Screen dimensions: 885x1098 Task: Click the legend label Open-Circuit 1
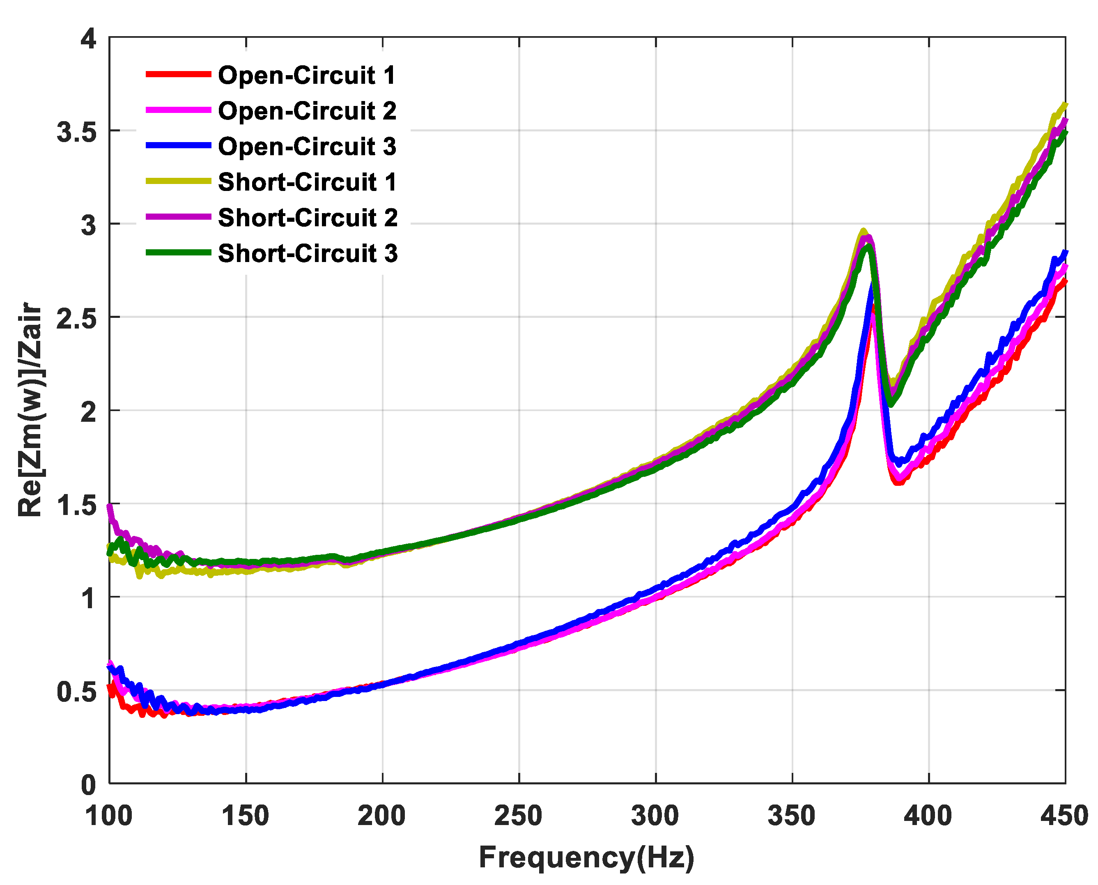[306, 76]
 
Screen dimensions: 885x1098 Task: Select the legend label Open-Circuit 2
[307, 111]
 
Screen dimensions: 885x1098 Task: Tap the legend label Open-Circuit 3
[307, 147]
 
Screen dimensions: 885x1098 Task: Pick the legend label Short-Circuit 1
[308, 182]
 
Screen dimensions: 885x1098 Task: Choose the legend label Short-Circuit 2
[308, 218]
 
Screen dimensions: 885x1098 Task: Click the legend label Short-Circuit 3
[308, 254]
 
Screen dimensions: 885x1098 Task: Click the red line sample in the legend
[178, 74]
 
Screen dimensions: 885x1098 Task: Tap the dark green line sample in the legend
[178, 252]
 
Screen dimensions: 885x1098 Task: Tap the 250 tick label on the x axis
[519, 816]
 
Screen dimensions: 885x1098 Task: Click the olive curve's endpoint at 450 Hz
[1064, 104]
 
